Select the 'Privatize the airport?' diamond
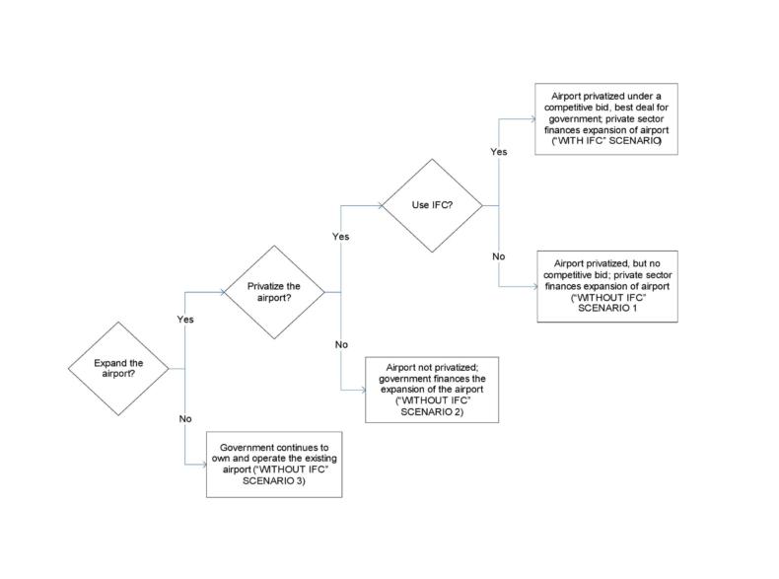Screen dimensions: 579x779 277,291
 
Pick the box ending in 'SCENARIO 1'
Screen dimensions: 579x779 607,286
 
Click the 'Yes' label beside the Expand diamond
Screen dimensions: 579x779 184,320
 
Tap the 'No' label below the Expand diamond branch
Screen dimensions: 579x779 184,419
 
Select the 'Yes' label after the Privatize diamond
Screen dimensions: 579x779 340,237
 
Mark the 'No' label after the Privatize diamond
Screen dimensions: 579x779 341,344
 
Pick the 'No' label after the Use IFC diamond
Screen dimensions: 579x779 498,256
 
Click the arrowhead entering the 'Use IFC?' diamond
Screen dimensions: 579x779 381,206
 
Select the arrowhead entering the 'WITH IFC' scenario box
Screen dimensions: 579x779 533,118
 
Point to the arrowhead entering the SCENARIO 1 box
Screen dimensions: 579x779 533,286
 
